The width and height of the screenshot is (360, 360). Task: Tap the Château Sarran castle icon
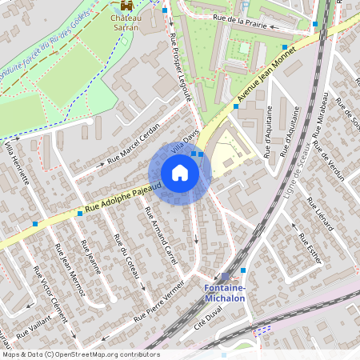[125, 6]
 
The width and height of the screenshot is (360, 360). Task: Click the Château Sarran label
[125, 22]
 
